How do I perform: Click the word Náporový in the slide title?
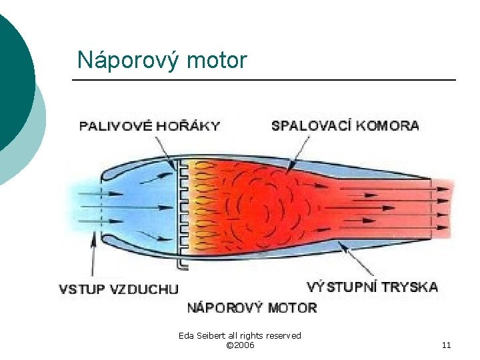tap(119, 61)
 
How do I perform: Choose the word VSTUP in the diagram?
tap(80, 289)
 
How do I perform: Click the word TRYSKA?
tap(413, 287)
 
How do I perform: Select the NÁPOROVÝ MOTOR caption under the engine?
tap(252, 308)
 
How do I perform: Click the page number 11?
tap(447, 345)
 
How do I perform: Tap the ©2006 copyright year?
tap(240, 345)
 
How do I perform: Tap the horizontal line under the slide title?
tap(264, 80)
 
